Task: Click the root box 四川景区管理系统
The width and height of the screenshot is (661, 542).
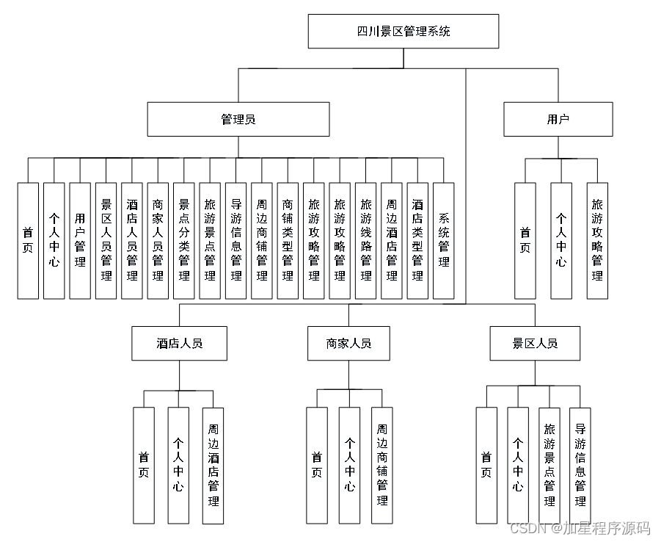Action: [x=403, y=32]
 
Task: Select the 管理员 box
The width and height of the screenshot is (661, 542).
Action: [x=238, y=119]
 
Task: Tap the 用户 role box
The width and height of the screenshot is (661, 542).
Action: [x=558, y=119]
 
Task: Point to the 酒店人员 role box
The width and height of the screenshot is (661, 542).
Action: [x=179, y=343]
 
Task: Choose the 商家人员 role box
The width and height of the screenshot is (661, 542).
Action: [x=348, y=343]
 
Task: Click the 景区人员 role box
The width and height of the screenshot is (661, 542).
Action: [x=535, y=343]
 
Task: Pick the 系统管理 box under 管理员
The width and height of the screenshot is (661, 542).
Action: [x=444, y=240]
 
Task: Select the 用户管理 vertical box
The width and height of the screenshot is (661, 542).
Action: [x=80, y=240]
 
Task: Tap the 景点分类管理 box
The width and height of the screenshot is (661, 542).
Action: [x=184, y=240]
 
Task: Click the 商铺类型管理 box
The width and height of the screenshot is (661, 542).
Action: [x=288, y=240]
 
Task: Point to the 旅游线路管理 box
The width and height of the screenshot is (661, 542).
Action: [x=366, y=240]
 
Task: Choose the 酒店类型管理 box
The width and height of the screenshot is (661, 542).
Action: [x=417, y=240]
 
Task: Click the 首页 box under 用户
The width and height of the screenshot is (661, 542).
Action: [x=525, y=240]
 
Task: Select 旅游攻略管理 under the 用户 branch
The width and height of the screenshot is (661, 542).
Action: [x=597, y=240]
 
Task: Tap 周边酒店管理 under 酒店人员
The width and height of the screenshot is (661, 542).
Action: [x=213, y=465]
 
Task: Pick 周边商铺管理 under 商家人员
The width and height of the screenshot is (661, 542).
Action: [x=381, y=465]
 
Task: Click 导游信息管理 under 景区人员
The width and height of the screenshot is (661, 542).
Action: [x=580, y=465]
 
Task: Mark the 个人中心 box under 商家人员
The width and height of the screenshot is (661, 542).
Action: [x=349, y=465]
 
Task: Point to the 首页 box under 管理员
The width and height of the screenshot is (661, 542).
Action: [x=28, y=240]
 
